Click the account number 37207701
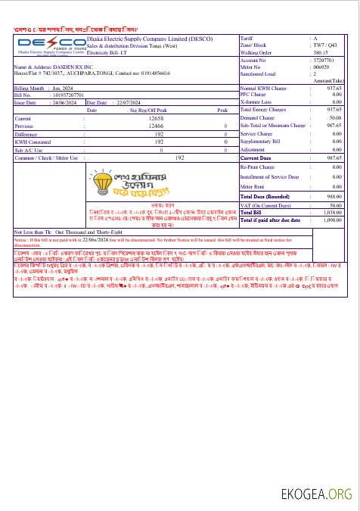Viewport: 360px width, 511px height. [324, 59]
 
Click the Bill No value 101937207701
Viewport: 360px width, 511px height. [69, 95]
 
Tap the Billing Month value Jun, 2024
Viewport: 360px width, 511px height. [62, 89]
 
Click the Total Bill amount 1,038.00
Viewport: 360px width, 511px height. [334, 213]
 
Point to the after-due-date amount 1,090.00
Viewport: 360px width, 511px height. [334, 220]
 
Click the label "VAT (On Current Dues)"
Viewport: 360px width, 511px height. [265, 206]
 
